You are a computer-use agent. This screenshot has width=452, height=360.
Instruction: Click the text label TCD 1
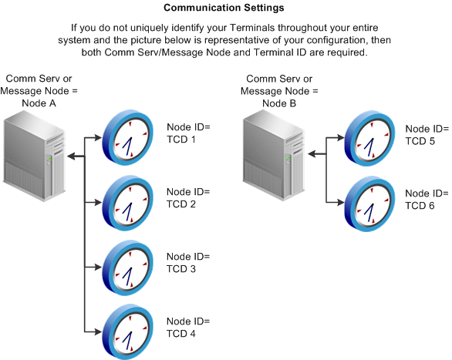coord(182,140)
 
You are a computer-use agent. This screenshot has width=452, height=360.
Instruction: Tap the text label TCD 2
coord(182,204)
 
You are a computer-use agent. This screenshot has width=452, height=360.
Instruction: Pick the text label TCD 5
coord(420,141)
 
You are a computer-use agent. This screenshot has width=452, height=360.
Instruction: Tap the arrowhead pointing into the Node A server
coord(71,156)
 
